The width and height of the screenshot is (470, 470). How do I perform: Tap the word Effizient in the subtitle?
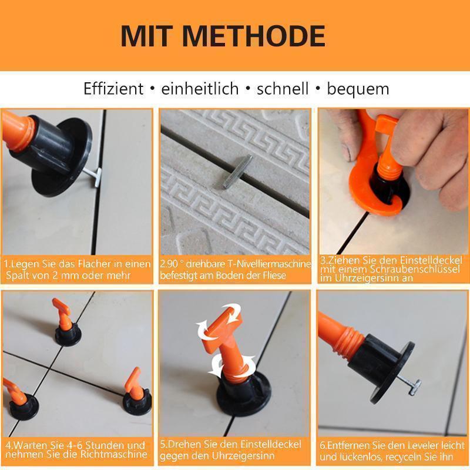[113, 89]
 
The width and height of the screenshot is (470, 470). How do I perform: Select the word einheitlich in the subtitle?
[200, 89]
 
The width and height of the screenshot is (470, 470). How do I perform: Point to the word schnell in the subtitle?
[282, 89]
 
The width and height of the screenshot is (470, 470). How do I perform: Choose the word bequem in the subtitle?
[358, 89]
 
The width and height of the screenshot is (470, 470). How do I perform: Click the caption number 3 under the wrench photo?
[323, 260]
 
